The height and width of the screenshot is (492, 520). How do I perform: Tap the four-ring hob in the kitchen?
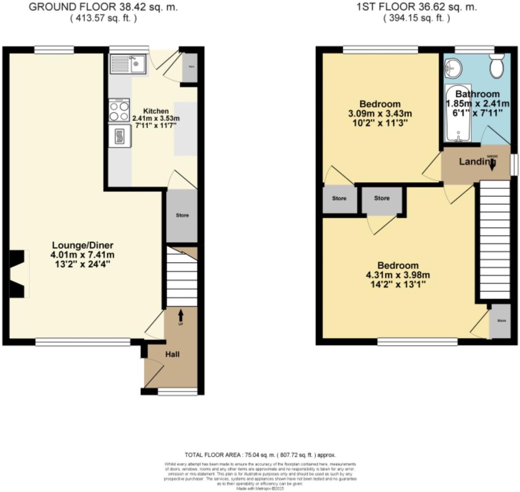pyautogui.click(x=119, y=110)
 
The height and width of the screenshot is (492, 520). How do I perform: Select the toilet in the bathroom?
pyautogui.click(x=497, y=67)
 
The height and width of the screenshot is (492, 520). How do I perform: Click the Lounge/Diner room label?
pyautogui.click(x=83, y=246)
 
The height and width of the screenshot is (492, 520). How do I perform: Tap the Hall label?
pyautogui.click(x=172, y=354)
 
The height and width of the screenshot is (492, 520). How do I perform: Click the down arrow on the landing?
pyautogui.click(x=491, y=166)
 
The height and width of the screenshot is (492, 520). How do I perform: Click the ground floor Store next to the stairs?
pyautogui.click(x=182, y=215)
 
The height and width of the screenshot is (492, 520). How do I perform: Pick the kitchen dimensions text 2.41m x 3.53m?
pyautogui.click(x=156, y=118)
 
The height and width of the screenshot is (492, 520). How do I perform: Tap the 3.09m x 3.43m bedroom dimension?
pyautogui.click(x=380, y=114)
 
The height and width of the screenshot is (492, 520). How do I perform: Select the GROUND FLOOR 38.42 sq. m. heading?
pyautogui.click(x=103, y=7)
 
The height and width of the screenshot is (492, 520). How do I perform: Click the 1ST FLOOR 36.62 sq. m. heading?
pyautogui.click(x=417, y=7)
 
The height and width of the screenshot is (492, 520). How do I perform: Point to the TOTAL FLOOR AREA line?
pyautogui.click(x=260, y=455)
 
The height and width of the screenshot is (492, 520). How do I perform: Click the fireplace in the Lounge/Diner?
pyautogui.click(x=18, y=274)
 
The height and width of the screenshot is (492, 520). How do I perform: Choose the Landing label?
pyautogui.click(x=474, y=161)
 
